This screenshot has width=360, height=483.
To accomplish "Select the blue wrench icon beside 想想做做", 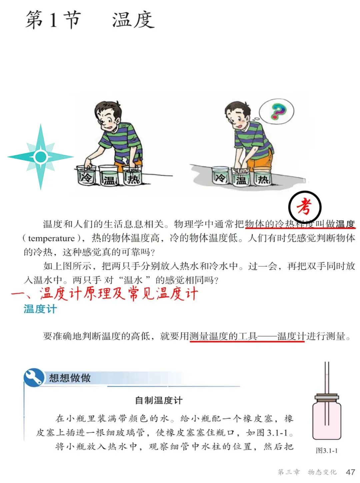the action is pyautogui.click(x=34, y=377).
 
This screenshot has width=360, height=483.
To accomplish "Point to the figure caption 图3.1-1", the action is pyautogui.click(x=327, y=451).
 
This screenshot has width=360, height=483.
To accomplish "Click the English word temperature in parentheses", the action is pyautogui.click(x=51, y=239).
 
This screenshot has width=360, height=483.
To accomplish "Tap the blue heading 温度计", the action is pyautogui.click(x=40, y=309).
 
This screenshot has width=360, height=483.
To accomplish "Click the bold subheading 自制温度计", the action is pyautogui.click(x=159, y=400).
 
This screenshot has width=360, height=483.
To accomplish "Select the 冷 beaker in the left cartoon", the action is pyautogui.click(x=86, y=176).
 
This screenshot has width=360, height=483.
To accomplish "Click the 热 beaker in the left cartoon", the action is pyautogui.click(x=133, y=176).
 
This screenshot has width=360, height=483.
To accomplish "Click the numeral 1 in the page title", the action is pyautogui.click(x=53, y=20).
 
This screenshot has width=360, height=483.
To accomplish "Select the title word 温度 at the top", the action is pyautogui.click(x=133, y=20).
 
